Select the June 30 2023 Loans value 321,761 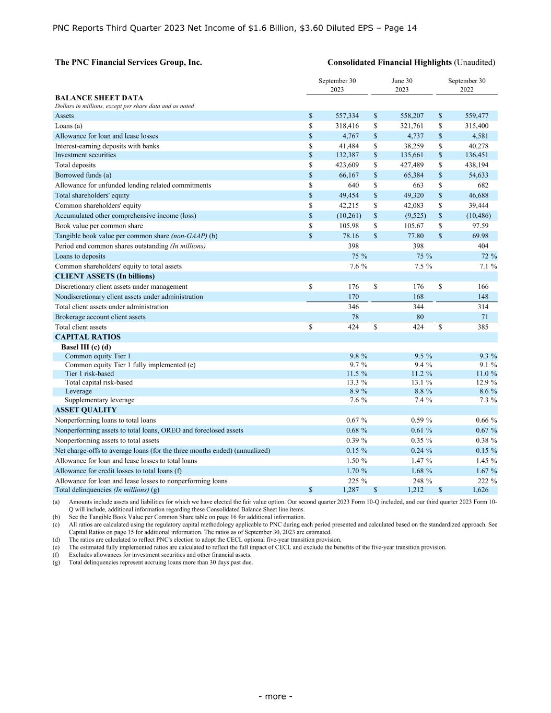[412, 126]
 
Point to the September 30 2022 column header [466, 85]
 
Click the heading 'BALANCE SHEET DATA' [99, 98]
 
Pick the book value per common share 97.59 [478, 226]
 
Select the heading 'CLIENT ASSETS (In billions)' [104, 276]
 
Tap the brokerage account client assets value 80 [419, 317]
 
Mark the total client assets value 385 [483, 328]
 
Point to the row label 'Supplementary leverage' [99, 400]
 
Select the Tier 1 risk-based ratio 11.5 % [357, 374]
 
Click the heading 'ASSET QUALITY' [86, 410]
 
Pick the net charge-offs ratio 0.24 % [421, 451]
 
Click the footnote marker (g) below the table [56, 563]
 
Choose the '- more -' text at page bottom [275, 696]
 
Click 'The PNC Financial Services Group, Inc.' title [128, 62]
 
